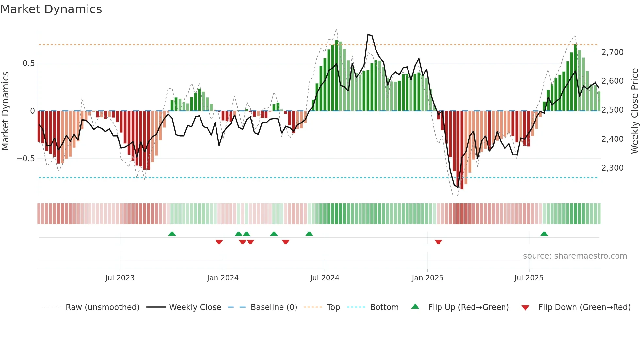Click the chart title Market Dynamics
click(51, 9)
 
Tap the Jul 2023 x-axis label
click(120, 278)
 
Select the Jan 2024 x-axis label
click(223, 278)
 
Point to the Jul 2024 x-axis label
click(325, 278)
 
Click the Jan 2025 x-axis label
click(427, 278)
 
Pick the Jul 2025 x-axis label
click(529, 278)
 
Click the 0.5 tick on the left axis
click(28, 63)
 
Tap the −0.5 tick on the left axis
click(25, 159)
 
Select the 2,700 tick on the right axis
click(612, 52)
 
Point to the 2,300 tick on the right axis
click(612, 168)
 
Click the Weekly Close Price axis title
click(634, 111)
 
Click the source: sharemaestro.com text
click(575, 256)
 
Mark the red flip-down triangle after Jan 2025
click(438, 242)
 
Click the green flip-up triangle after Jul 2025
click(544, 234)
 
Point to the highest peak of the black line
click(368, 35)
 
